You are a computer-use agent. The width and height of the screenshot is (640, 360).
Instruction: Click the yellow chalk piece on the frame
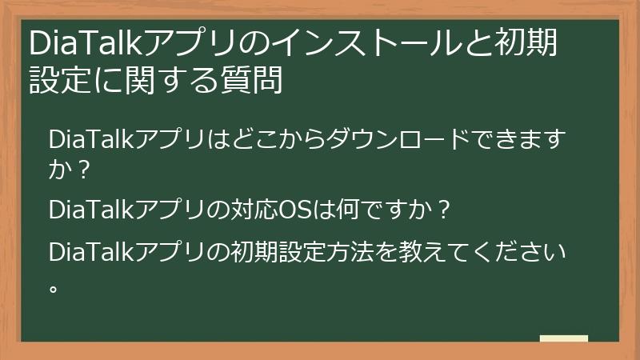(564, 338)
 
